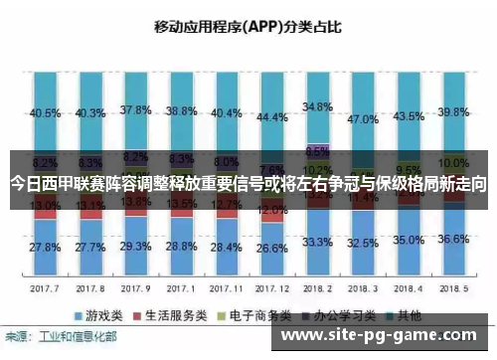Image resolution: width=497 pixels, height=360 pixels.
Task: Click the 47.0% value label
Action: tap(363, 118)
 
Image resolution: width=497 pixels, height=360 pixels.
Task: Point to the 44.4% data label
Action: tap(271, 116)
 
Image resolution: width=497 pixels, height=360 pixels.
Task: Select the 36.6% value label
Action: tap(453, 239)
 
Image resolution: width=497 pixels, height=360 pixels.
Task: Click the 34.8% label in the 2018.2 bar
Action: tap(317, 105)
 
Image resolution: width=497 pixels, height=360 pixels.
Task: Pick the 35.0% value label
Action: tap(408, 240)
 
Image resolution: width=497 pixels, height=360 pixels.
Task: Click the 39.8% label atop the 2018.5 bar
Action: tap(453, 110)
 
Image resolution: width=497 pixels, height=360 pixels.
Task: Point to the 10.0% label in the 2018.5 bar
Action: tap(453, 162)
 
